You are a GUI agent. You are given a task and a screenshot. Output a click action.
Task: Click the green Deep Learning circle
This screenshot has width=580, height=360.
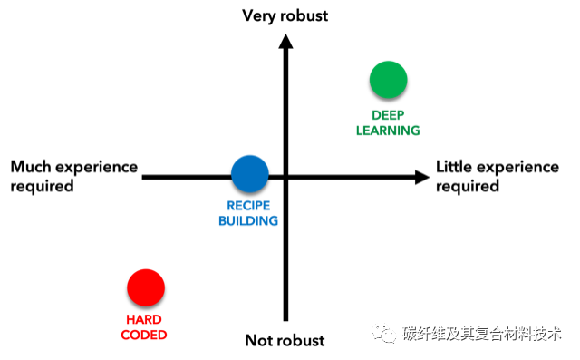click(388, 80)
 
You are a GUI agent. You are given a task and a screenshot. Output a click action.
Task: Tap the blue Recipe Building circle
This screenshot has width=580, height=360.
click(249, 173)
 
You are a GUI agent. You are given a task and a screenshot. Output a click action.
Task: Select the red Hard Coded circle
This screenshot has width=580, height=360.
click(146, 288)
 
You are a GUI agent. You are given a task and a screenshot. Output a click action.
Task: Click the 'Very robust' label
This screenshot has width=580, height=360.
click(285, 15)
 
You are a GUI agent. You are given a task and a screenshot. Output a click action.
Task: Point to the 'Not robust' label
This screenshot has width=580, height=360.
click(285, 341)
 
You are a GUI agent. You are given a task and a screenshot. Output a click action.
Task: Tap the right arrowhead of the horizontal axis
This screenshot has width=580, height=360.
click(421, 177)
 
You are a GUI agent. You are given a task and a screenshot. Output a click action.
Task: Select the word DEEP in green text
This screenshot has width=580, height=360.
click(388, 115)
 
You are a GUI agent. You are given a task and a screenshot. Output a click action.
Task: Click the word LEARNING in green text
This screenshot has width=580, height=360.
click(388, 130)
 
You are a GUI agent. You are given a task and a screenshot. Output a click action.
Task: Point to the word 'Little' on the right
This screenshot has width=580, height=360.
click(456, 167)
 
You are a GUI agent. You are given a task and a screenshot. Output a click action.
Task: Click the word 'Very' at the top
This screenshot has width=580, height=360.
click(259, 15)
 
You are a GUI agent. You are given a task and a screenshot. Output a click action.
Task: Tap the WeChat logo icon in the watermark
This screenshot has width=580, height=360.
click(386, 334)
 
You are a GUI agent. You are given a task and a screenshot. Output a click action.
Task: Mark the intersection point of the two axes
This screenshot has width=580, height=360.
click(285, 178)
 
